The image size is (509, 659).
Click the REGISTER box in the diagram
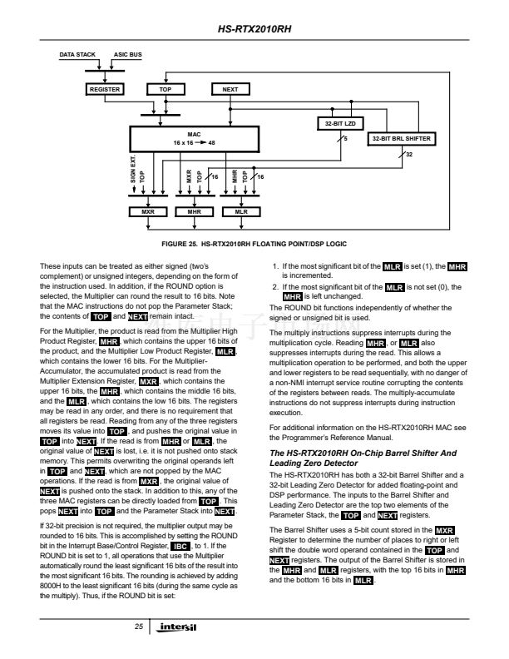point(105,89)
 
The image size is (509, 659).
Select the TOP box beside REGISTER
point(165,89)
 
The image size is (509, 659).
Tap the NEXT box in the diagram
point(231,89)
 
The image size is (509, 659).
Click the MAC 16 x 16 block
point(193,138)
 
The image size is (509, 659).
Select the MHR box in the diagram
point(195,212)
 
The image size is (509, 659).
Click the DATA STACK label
point(77,55)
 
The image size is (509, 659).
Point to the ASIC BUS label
point(127,55)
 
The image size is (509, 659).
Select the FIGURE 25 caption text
point(254,243)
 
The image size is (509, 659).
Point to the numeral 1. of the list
point(276,265)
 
